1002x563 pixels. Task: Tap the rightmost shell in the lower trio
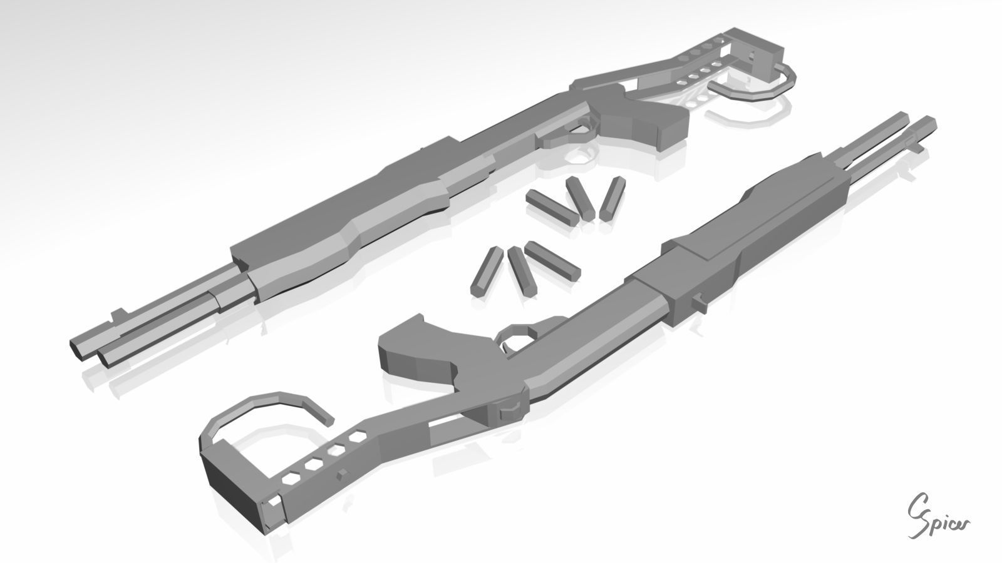[552, 261]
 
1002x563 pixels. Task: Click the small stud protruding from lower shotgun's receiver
[700, 302]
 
